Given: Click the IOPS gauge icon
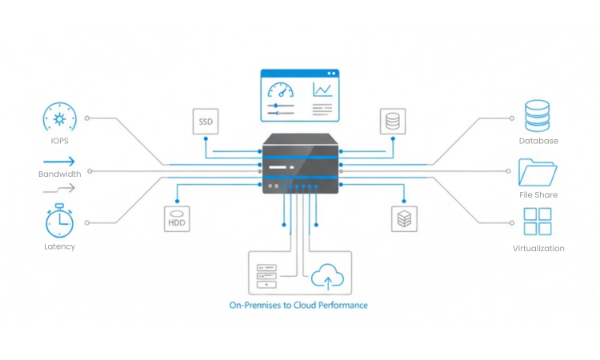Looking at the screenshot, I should (59, 119).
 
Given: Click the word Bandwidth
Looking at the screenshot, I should (59, 174).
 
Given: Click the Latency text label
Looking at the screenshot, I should (59, 246).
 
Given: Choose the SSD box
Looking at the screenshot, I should (206, 122).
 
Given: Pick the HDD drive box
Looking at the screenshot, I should (177, 218).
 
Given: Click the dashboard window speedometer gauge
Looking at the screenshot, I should (280, 90).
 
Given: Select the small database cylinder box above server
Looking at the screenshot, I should (392, 122).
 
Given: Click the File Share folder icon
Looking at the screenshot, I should (538, 172).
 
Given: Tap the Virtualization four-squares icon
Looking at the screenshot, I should (538, 222).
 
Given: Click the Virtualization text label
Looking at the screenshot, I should (538, 249).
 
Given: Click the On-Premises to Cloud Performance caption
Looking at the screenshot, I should (298, 305).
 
